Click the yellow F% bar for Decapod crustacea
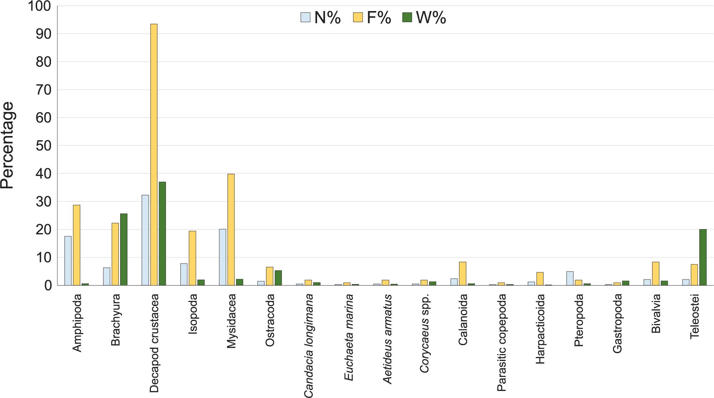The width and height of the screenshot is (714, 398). click(154, 155)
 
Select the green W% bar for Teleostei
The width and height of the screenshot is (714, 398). click(703, 257)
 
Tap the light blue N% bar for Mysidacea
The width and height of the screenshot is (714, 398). click(222, 257)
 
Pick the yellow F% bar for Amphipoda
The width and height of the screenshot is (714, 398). click(77, 245)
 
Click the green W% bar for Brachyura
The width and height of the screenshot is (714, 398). click(124, 249)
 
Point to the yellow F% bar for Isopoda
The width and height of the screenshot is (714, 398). click(192, 258)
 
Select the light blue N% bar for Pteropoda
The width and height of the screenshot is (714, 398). click(570, 278)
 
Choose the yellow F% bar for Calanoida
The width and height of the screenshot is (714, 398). click(463, 274)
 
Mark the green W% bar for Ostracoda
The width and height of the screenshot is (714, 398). click(278, 278)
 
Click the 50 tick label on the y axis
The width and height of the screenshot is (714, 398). click(43, 146)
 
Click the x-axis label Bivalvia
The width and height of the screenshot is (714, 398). click(656, 313)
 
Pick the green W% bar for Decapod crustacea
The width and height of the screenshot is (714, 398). click(162, 233)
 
